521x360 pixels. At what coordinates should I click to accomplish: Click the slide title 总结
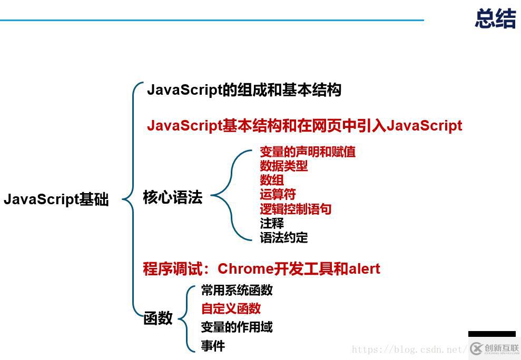coord(495,18)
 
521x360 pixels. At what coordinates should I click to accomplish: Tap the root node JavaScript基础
coord(56,200)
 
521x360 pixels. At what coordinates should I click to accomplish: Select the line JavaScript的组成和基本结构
coord(244,90)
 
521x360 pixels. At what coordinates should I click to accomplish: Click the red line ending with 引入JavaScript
coord(304,126)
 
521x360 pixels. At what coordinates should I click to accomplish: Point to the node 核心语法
coord(172,197)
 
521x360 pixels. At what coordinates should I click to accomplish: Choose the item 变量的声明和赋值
coord(308,152)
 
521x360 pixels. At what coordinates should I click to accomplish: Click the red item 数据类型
coord(283,166)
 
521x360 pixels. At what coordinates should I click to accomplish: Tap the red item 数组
coord(272,181)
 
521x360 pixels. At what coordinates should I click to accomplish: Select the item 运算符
coord(278,195)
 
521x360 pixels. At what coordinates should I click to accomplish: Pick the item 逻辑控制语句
coord(296,209)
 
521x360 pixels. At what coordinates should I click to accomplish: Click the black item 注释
coord(272,223)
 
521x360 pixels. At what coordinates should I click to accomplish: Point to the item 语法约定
coord(283,237)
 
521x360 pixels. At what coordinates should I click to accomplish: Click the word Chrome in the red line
coord(245,269)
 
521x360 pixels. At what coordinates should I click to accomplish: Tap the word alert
coord(364,269)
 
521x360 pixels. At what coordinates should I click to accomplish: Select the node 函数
coord(158,318)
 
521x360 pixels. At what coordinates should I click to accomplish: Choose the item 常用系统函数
coord(237,290)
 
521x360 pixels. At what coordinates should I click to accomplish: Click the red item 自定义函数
coord(231,308)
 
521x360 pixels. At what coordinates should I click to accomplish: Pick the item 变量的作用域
coord(237,327)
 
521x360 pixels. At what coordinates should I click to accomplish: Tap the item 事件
coord(213,346)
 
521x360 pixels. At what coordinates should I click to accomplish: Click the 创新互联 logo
coord(495,348)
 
